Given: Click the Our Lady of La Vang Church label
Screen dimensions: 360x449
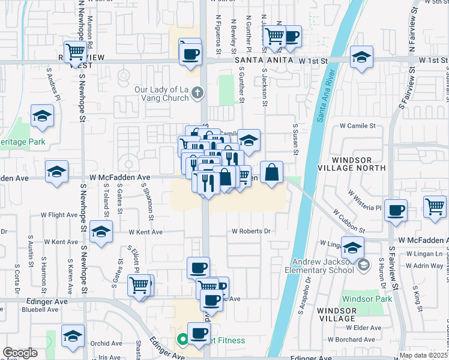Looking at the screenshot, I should point(162,93).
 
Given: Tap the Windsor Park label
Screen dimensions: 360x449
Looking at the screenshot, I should point(367,299).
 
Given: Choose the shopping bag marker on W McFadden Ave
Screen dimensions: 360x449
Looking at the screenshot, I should point(271,172).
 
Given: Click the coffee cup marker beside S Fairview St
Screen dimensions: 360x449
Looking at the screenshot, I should point(396,211).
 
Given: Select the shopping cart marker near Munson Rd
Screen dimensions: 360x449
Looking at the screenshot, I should point(74,52).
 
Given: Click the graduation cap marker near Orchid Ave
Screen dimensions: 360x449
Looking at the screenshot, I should point(73,336).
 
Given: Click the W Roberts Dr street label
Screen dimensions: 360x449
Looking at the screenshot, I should point(252,231).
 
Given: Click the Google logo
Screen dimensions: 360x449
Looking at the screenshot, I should point(20,353).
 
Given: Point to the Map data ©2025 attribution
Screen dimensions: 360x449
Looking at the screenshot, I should point(423,355).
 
